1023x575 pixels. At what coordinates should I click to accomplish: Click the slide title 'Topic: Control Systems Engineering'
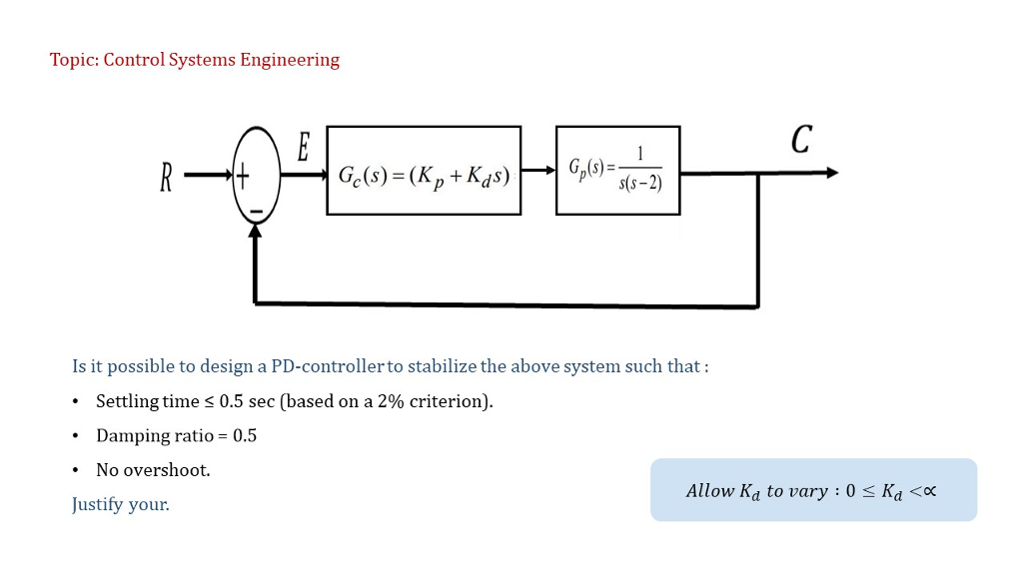[195, 60]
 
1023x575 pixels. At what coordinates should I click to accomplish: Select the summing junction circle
[256, 177]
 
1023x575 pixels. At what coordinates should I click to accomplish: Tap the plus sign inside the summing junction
[243, 177]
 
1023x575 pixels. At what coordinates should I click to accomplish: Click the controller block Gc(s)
[424, 171]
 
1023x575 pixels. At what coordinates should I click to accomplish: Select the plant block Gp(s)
[617, 171]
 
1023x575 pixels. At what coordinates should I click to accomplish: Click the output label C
[800, 141]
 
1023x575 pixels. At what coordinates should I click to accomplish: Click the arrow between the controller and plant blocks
[537, 172]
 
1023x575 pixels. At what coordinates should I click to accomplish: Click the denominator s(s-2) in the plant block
[639, 184]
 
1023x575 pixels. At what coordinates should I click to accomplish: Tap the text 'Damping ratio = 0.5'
[176, 435]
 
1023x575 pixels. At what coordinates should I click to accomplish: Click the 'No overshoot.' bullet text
[153, 470]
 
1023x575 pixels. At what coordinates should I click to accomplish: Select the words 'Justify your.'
[121, 504]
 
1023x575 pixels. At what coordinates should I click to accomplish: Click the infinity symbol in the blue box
[928, 491]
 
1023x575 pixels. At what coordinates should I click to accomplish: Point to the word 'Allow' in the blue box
[709, 491]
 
